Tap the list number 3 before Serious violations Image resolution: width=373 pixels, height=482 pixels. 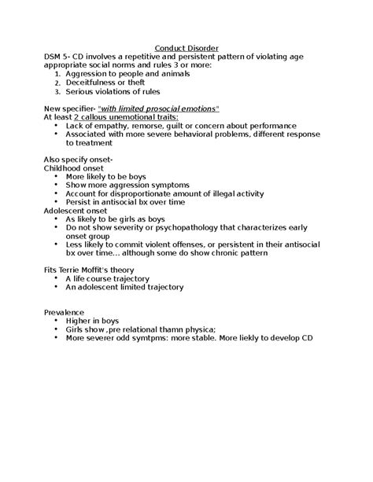[x=57, y=92]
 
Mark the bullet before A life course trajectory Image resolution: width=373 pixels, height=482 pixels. [x=57, y=278]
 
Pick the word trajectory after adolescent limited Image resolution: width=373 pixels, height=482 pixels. [x=161, y=287]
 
